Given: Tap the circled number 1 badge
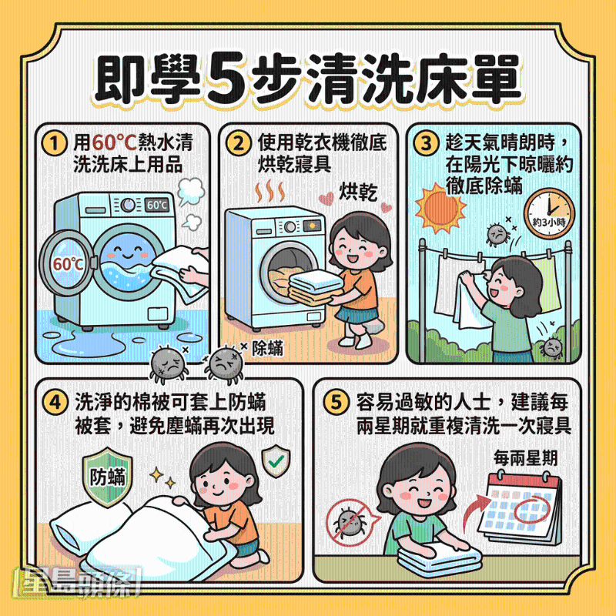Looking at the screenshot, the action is pos(54,143).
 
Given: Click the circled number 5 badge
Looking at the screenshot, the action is pos(336,402).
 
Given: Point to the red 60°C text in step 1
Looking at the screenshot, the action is pos(114,142).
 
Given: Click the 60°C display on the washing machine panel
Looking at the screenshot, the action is pos(157,205).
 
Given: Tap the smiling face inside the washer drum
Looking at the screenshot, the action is pos(126,252).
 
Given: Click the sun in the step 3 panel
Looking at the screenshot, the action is pos(440,208).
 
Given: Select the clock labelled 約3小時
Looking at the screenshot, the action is pos(549,213).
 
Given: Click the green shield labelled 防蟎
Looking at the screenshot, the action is pos(107,476).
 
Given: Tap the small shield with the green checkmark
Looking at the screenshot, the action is pos(276,460).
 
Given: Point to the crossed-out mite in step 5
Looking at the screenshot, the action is pos(349,523).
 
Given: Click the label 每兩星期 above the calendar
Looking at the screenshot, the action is pos(525,458).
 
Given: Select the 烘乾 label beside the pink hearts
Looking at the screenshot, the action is pos(358,192).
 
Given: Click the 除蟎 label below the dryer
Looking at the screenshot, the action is pos(267,348).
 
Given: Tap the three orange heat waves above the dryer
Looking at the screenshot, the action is pos(270,191).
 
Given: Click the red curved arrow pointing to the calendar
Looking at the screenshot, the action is pos(475,511).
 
